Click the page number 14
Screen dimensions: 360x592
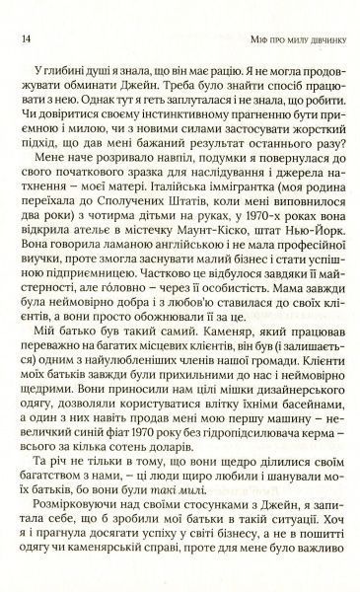23,39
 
